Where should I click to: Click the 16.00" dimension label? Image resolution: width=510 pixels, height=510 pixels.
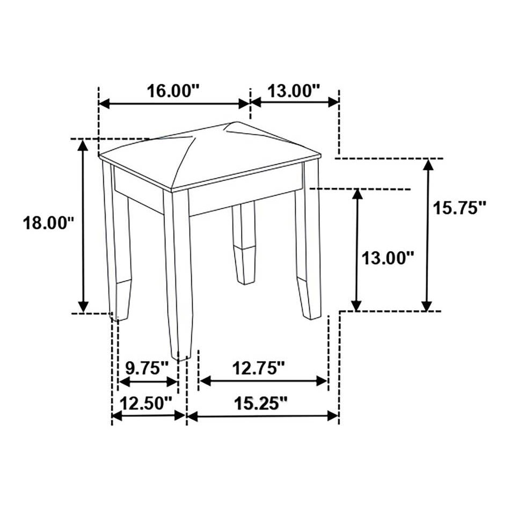(x=173, y=91)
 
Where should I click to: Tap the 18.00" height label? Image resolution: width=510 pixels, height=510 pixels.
(x=48, y=223)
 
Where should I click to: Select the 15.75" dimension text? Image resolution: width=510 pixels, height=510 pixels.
(x=459, y=208)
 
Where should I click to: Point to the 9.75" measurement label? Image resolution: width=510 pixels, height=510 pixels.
(x=147, y=368)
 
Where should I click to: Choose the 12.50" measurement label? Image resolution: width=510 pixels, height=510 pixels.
(x=146, y=404)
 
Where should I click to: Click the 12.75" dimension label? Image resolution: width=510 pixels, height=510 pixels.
(x=259, y=368)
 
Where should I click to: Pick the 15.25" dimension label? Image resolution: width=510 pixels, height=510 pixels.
(x=261, y=404)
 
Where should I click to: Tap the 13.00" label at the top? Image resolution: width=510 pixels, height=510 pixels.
(x=294, y=91)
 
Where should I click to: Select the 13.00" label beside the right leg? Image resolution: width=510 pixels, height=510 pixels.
(x=388, y=259)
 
